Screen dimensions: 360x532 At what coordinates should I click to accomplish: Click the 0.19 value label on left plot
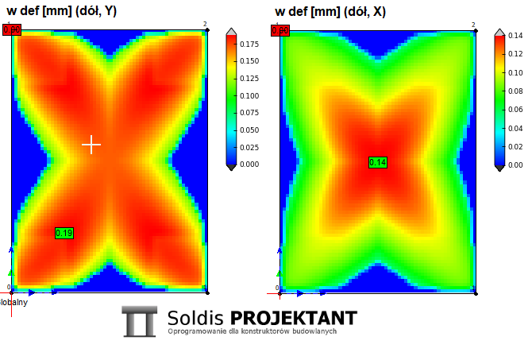[64, 233]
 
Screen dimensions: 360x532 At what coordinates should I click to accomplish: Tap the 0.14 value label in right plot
[378, 163]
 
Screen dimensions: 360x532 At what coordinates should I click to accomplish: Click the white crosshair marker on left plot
[91, 144]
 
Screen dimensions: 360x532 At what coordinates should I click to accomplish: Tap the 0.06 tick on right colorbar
[514, 110]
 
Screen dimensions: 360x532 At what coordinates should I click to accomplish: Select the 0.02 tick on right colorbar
[514, 147]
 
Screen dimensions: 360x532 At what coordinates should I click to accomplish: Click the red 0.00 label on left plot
[12, 30]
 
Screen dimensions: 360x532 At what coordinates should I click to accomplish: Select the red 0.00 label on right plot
[279, 30]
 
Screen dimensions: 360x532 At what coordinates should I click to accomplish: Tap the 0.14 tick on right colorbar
[514, 36]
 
